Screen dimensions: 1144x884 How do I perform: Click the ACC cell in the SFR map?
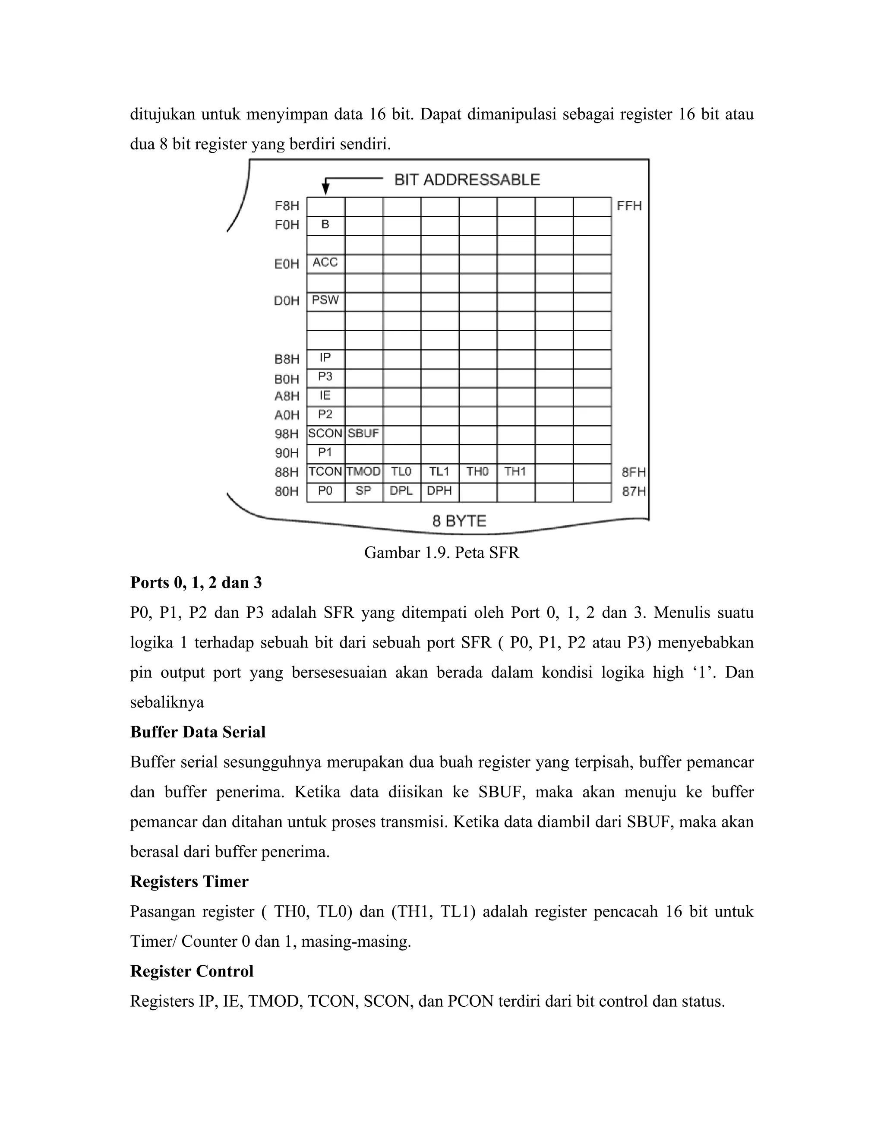(x=325, y=263)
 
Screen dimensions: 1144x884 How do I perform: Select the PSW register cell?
(x=325, y=301)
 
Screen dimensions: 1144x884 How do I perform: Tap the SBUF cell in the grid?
(x=363, y=434)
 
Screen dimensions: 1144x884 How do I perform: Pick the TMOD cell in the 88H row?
(x=363, y=472)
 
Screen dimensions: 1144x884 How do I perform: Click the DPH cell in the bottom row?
(x=439, y=492)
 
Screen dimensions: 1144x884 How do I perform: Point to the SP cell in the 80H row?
(x=363, y=492)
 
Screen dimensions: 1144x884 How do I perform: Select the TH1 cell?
(x=515, y=472)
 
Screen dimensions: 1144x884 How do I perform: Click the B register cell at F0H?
(x=325, y=225)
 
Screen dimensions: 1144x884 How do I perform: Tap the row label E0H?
(x=287, y=264)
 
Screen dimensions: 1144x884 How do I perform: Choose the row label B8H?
(x=287, y=359)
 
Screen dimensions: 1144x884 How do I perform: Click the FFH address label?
(x=629, y=206)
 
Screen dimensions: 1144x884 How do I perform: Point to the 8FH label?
(x=634, y=472)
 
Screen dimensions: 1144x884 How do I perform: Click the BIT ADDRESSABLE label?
(x=467, y=180)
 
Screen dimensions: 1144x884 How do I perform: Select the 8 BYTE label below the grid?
(x=459, y=521)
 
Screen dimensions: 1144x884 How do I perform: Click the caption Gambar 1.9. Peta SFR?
(x=442, y=553)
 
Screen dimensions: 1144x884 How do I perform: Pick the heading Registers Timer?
(x=189, y=882)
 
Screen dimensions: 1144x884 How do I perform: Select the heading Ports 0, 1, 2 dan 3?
(x=196, y=583)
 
